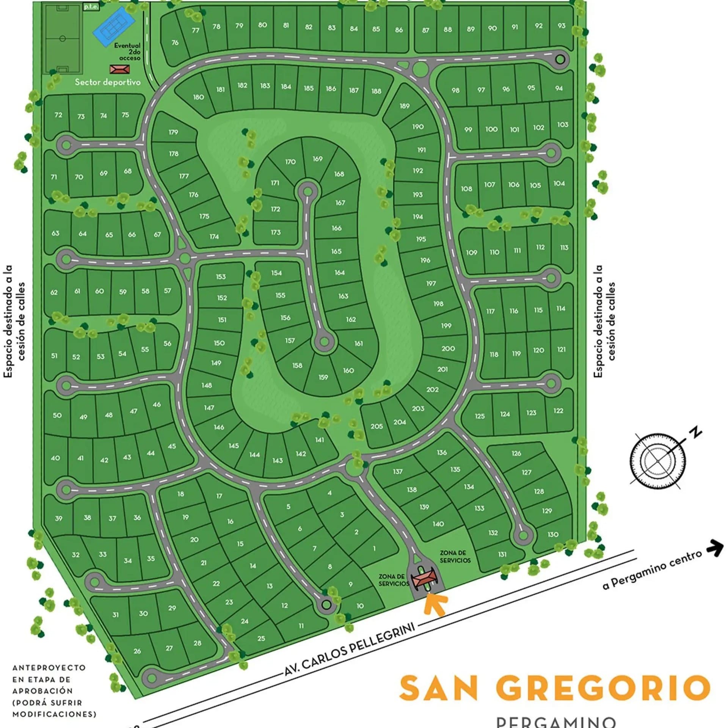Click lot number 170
pos(290,162)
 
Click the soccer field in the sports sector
pos(63,38)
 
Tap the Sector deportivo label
pos(107,82)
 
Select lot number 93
pos(562,26)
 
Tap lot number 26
pos(137,651)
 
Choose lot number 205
pos(377,427)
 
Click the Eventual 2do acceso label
pos(127,52)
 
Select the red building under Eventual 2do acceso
pos(120,69)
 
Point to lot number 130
pos(553,534)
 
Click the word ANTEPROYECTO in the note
pos(49,668)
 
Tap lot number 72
pos(58,115)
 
